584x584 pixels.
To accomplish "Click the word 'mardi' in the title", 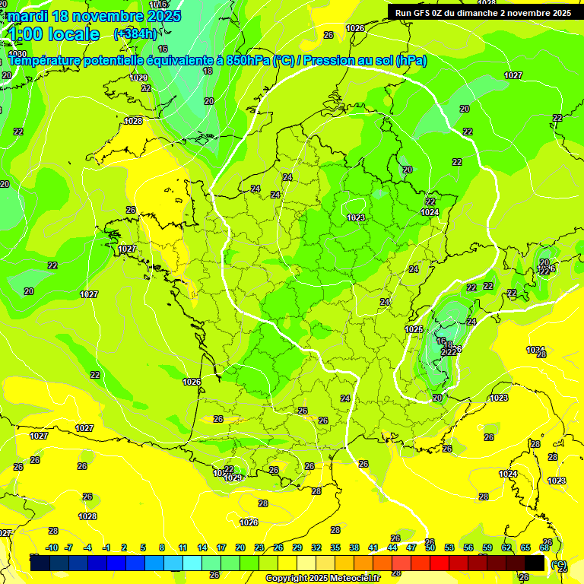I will pos(26,16).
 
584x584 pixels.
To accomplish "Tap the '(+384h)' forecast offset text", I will pos(135,33).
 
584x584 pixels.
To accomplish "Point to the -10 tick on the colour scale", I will pos(52,547).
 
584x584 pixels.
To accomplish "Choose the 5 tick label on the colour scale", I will pos(144,547).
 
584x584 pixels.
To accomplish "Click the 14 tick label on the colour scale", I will pos(202,547).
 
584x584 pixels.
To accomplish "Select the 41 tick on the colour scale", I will pos(373,547).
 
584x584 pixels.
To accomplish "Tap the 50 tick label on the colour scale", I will pos(430,547).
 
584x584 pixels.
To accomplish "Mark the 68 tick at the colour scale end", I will pos(544,547).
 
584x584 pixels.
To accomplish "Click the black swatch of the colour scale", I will pos(535,563).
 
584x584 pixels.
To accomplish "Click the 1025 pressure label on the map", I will pos(414,329).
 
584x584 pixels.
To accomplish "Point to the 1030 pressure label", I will pos(17,54).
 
